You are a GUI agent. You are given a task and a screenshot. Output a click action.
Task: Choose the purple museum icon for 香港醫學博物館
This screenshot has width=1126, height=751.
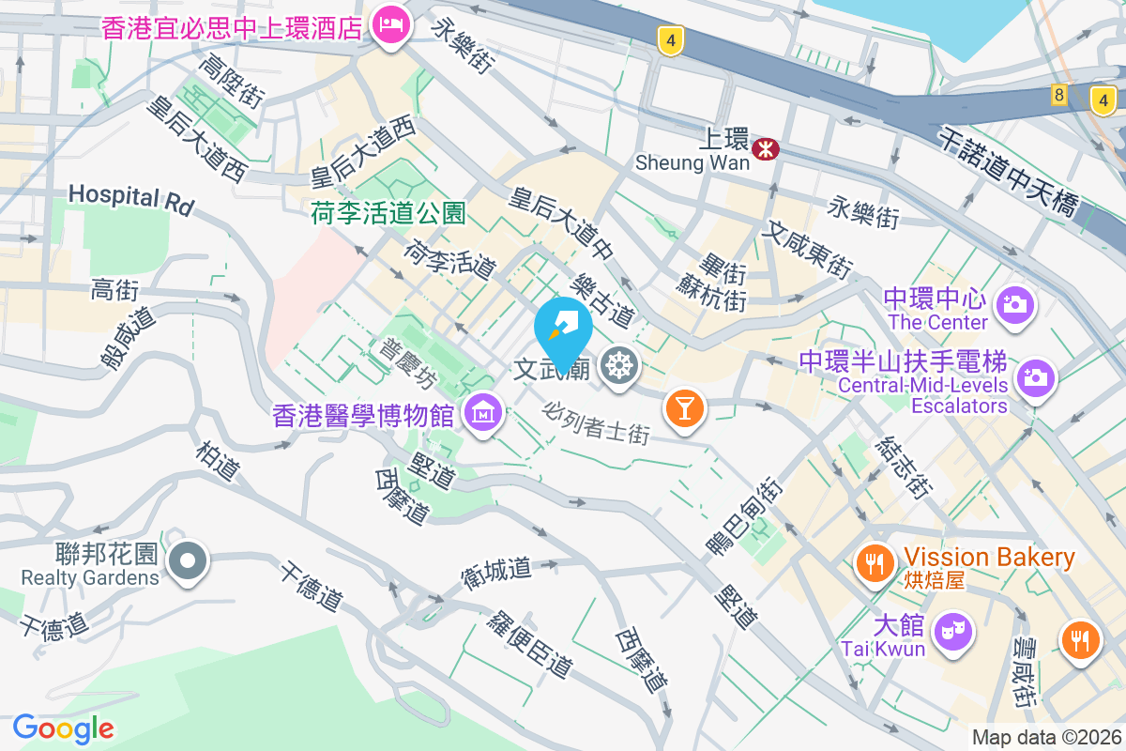pyautogui.click(x=484, y=412)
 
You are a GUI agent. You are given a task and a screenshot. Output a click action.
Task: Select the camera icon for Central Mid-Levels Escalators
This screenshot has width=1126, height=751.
pyautogui.click(x=1036, y=379)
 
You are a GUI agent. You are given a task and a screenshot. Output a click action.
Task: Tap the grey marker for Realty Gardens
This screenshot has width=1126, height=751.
pyautogui.click(x=188, y=560)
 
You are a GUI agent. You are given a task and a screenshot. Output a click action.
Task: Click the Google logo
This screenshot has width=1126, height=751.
pyautogui.click(x=63, y=728)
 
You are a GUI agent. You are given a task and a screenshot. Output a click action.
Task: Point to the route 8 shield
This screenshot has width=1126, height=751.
pyautogui.click(x=1059, y=95)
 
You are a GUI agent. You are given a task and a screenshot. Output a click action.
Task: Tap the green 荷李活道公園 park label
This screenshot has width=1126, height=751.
pyautogui.click(x=388, y=214)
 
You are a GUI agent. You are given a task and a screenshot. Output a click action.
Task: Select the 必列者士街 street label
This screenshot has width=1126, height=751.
pyautogui.click(x=597, y=422)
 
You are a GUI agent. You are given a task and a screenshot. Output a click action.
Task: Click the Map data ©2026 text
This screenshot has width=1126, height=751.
pyautogui.click(x=1045, y=738)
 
